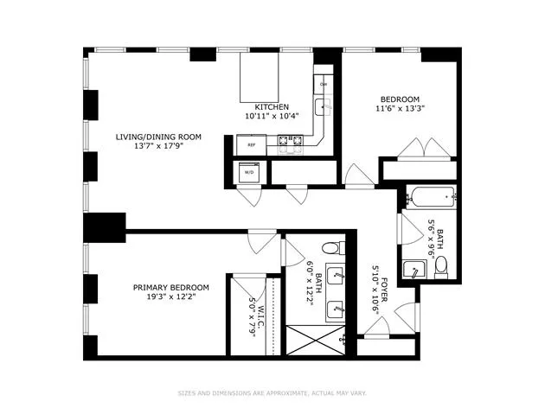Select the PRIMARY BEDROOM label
170,287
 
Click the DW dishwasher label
324,84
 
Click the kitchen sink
323,108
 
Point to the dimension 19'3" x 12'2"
170,297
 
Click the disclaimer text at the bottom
272,392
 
